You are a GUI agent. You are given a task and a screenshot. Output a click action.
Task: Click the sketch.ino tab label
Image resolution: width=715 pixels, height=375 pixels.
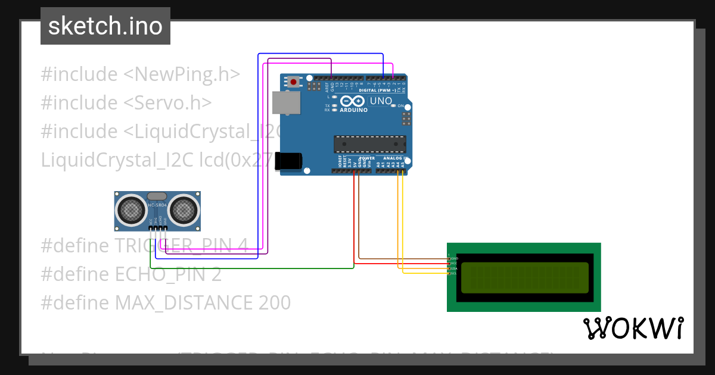click(105, 26)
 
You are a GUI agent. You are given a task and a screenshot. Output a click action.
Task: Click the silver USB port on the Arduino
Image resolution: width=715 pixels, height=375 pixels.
click(287, 102)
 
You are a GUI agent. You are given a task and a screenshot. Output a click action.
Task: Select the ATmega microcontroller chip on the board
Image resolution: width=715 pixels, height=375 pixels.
click(370, 144)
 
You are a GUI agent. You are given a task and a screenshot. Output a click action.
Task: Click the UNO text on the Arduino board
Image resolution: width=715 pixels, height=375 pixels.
click(381, 101)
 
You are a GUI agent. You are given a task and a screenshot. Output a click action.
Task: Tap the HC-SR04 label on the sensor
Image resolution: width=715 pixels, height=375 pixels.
click(157, 205)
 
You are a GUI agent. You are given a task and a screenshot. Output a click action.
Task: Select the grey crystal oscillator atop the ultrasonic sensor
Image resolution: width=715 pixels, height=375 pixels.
click(157, 196)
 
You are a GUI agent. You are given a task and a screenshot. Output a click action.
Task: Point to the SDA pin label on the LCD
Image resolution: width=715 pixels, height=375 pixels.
click(453, 268)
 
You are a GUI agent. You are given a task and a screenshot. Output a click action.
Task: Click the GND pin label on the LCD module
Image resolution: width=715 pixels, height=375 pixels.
click(453, 258)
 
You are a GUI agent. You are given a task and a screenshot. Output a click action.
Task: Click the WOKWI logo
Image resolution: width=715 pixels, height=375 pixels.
click(633, 328)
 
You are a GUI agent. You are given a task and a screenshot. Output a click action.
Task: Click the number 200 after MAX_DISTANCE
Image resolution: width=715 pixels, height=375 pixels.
click(274, 303)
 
